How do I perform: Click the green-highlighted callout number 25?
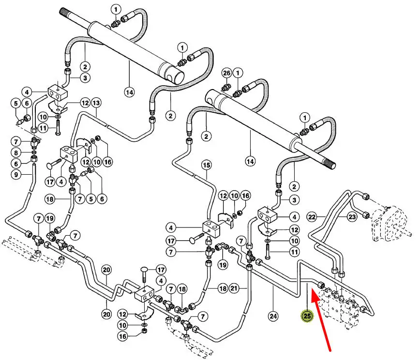(x=307, y=316)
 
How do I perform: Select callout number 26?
(x=227, y=73)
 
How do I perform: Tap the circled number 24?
(x=273, y=316)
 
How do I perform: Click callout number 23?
(x=352, y=217)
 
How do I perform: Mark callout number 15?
(x=207, y=165)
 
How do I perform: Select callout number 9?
(x=15, y=175)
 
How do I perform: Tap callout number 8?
(x=15, y=152)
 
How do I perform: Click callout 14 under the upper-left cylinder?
(x=129, y=91)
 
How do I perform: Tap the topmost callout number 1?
(x=116, y=9)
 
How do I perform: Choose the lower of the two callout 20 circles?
(x=106, y=314)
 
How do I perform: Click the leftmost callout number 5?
(x=15, y=103)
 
